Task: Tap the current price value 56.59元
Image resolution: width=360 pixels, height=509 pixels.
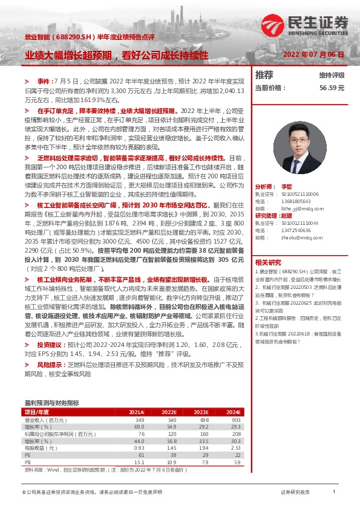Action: [x=332, y=88]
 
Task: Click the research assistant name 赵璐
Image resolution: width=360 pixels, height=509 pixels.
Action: [x=287, y=215]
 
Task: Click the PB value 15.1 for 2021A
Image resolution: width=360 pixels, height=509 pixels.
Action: [x=139, y=462]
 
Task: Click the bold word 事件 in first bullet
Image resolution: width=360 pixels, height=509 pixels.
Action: [x=44, y=81]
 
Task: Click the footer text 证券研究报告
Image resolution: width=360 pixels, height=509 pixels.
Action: [x=295, y=493]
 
